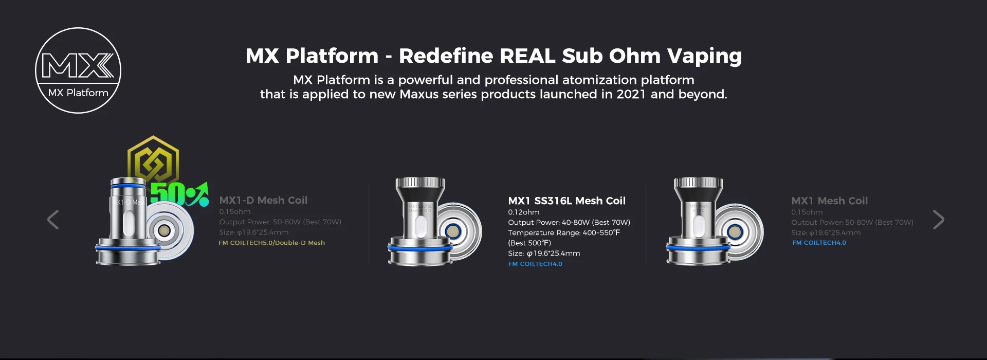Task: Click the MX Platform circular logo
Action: point(78,70)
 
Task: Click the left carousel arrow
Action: point(53,220)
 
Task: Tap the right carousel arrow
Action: point(938,220)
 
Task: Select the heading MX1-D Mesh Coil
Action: point(263,200)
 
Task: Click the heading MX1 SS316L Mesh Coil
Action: point(566,201)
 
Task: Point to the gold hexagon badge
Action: point(153,159)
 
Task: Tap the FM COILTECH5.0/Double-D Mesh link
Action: point(271,243)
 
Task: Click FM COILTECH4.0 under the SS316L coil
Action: point(535,264)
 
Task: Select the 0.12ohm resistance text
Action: point(524,212)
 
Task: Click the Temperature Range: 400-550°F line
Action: point(564,232)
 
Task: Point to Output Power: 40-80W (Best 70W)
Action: point(569,222)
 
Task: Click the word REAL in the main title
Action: point(527,56)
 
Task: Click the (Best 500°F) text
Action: point(529,243)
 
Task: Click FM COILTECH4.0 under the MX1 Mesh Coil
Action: point(819,243)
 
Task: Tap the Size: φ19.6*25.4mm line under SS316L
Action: point(544,253)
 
